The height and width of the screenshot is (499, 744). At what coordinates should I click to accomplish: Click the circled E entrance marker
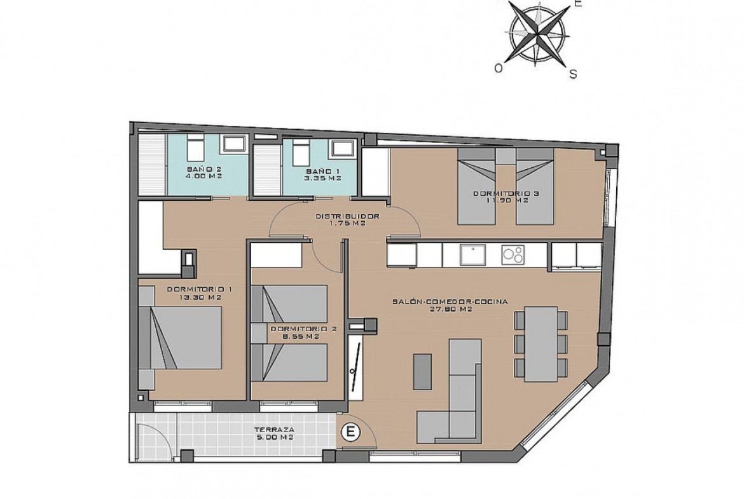[x=351, y=432]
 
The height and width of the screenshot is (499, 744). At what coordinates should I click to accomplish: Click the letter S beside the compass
[x=573, y=74]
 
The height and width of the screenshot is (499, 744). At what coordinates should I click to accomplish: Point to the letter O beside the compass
[x=498, y=69]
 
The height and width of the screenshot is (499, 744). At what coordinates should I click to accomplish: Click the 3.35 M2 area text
[x=323, y=179]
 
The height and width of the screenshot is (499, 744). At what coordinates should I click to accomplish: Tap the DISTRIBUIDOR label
[x=348, y=216]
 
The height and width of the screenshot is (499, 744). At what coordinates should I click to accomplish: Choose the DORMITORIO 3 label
[x=506, y=193]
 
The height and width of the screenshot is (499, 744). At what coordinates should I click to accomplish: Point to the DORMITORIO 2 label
[x=303, y=329]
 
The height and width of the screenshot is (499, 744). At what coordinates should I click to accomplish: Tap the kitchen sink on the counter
[x=472, y=255]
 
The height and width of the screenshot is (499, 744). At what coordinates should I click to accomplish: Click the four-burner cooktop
[x=513, y=255]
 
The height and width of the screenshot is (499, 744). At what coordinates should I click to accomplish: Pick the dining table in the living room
[x=541, y=344]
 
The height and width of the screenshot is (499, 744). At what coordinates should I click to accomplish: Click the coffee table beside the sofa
[x=422, y=372]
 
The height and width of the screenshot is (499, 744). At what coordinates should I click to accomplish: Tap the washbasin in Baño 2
[x=235, y=144]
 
